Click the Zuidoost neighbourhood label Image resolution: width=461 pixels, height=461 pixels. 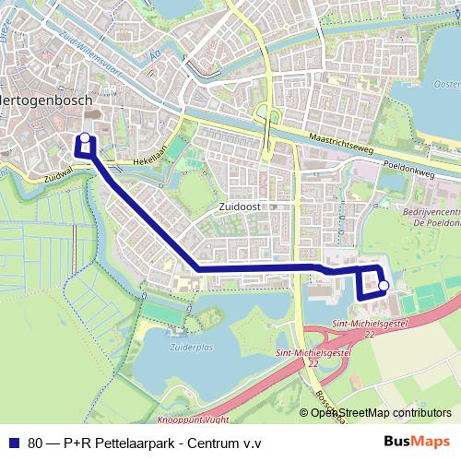(x=242, y=208)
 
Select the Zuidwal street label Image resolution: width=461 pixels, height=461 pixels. (x=58, y=175)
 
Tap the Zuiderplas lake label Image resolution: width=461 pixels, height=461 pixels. (x=191, y=349)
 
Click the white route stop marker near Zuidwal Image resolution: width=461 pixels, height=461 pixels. (x=85, y=139)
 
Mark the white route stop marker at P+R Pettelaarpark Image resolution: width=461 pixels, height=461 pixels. (x=383, y=286)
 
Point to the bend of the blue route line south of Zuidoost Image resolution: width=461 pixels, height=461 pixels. (x=197, y=267)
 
